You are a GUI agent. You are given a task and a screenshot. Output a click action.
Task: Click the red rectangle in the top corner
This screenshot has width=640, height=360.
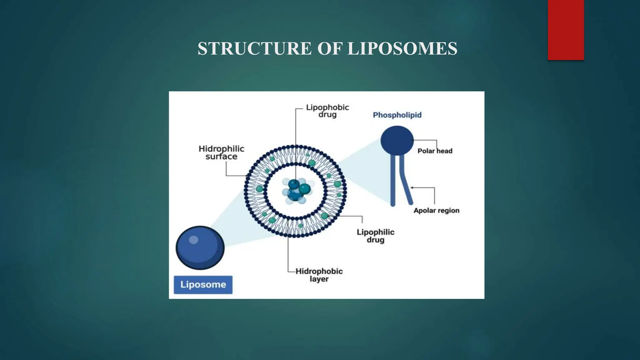pyautogui.click(x=566, y=30)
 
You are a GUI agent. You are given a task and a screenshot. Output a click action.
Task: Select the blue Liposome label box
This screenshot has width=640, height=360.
pyautogui.click(x=203, y=285)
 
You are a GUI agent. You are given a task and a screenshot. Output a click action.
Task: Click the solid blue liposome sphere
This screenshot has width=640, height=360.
pyautogui.click(x=200, y=248)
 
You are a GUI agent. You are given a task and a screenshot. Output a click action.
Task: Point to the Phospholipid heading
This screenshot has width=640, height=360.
pyautogui.click(x=397, y=115)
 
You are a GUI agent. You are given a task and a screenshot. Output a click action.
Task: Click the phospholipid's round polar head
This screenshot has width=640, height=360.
pyautogui.click(x=397, y=140)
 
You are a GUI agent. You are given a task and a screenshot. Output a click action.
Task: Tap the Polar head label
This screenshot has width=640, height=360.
pyautogui.click(x=435, y=151)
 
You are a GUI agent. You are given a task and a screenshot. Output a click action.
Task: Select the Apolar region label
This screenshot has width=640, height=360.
pyautogui.click(x=436, y=211)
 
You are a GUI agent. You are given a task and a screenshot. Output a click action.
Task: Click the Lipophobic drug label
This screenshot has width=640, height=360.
pyautogui.click(x=327, y=111)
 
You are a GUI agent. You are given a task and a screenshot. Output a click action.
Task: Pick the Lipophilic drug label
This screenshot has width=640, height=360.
pyautogui.click(x=375, y=236)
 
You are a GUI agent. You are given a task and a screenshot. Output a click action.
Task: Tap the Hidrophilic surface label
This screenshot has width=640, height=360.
pyautogui.click(x=221, y=152)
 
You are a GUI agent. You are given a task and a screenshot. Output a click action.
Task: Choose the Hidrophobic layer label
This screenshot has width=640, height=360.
pyautogui.click(x=319, y=275)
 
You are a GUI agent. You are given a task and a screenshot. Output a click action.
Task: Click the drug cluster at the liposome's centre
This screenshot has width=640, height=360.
pyautogui.click(x=296, y=191)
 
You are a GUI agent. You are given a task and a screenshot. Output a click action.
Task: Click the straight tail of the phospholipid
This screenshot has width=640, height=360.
pyautogui.click(x=393, y=181)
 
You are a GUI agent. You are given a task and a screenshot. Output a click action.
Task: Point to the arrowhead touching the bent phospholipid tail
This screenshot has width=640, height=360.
pyautogui.click(x=412, y=187)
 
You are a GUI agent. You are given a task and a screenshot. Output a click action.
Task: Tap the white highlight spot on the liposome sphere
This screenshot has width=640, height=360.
pyautogui.click(x=193, y=240)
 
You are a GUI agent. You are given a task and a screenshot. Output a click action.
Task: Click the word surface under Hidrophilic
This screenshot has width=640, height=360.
pyautogui.click(x=221, y=157)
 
